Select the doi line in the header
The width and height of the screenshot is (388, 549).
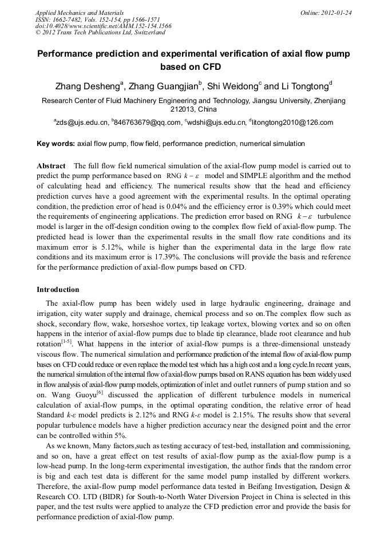click(104, 26)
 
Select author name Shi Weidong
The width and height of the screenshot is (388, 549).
click(232, 87)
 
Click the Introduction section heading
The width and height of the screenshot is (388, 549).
click(58, 289)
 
